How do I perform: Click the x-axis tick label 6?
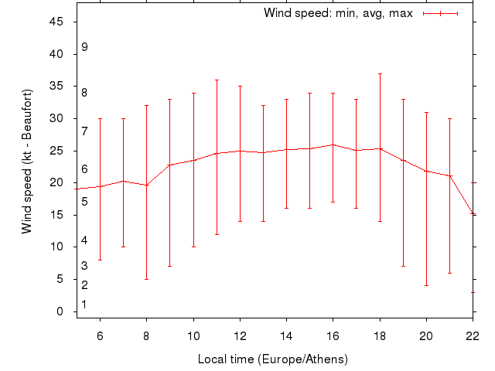pyautogui.click(x=100, y=337)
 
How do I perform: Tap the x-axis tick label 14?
pyautogui.click(x=286, y=337)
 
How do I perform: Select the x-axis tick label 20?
pyautogui.click(x=426, y=337)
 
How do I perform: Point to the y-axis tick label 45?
pyautogui.click(x=57, y=22)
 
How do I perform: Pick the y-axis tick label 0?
pyautogui.click(x=60, y=311)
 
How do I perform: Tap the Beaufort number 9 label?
pyautogui.click(x=84, y=47)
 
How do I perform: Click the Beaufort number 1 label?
pyautogui.click(x=84, y=305)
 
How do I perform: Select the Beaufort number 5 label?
pyautogui.click(x=84, y=202)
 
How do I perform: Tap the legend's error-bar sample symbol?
pyautogui.click(x=441, y=13)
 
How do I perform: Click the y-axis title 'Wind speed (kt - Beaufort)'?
pyautogui.click(x=26, y=161)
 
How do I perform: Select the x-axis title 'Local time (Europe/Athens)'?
pyautogui.click(x=273, y=359)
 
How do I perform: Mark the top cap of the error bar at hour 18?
pyautogui.click(x=380, y=73)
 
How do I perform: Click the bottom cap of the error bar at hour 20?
pyautogui.click(x=426, y=286)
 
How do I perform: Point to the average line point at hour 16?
pyautogui.click(x=333, y=145)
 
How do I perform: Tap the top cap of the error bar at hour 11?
pyautogui.click(x=217, y=80)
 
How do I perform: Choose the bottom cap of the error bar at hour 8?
pyautogui.click(x=146, y=279)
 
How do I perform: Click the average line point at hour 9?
pyautogui.click(x=169, y=165)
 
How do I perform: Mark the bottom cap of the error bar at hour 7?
pyautogui.click(x=123, y=247)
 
